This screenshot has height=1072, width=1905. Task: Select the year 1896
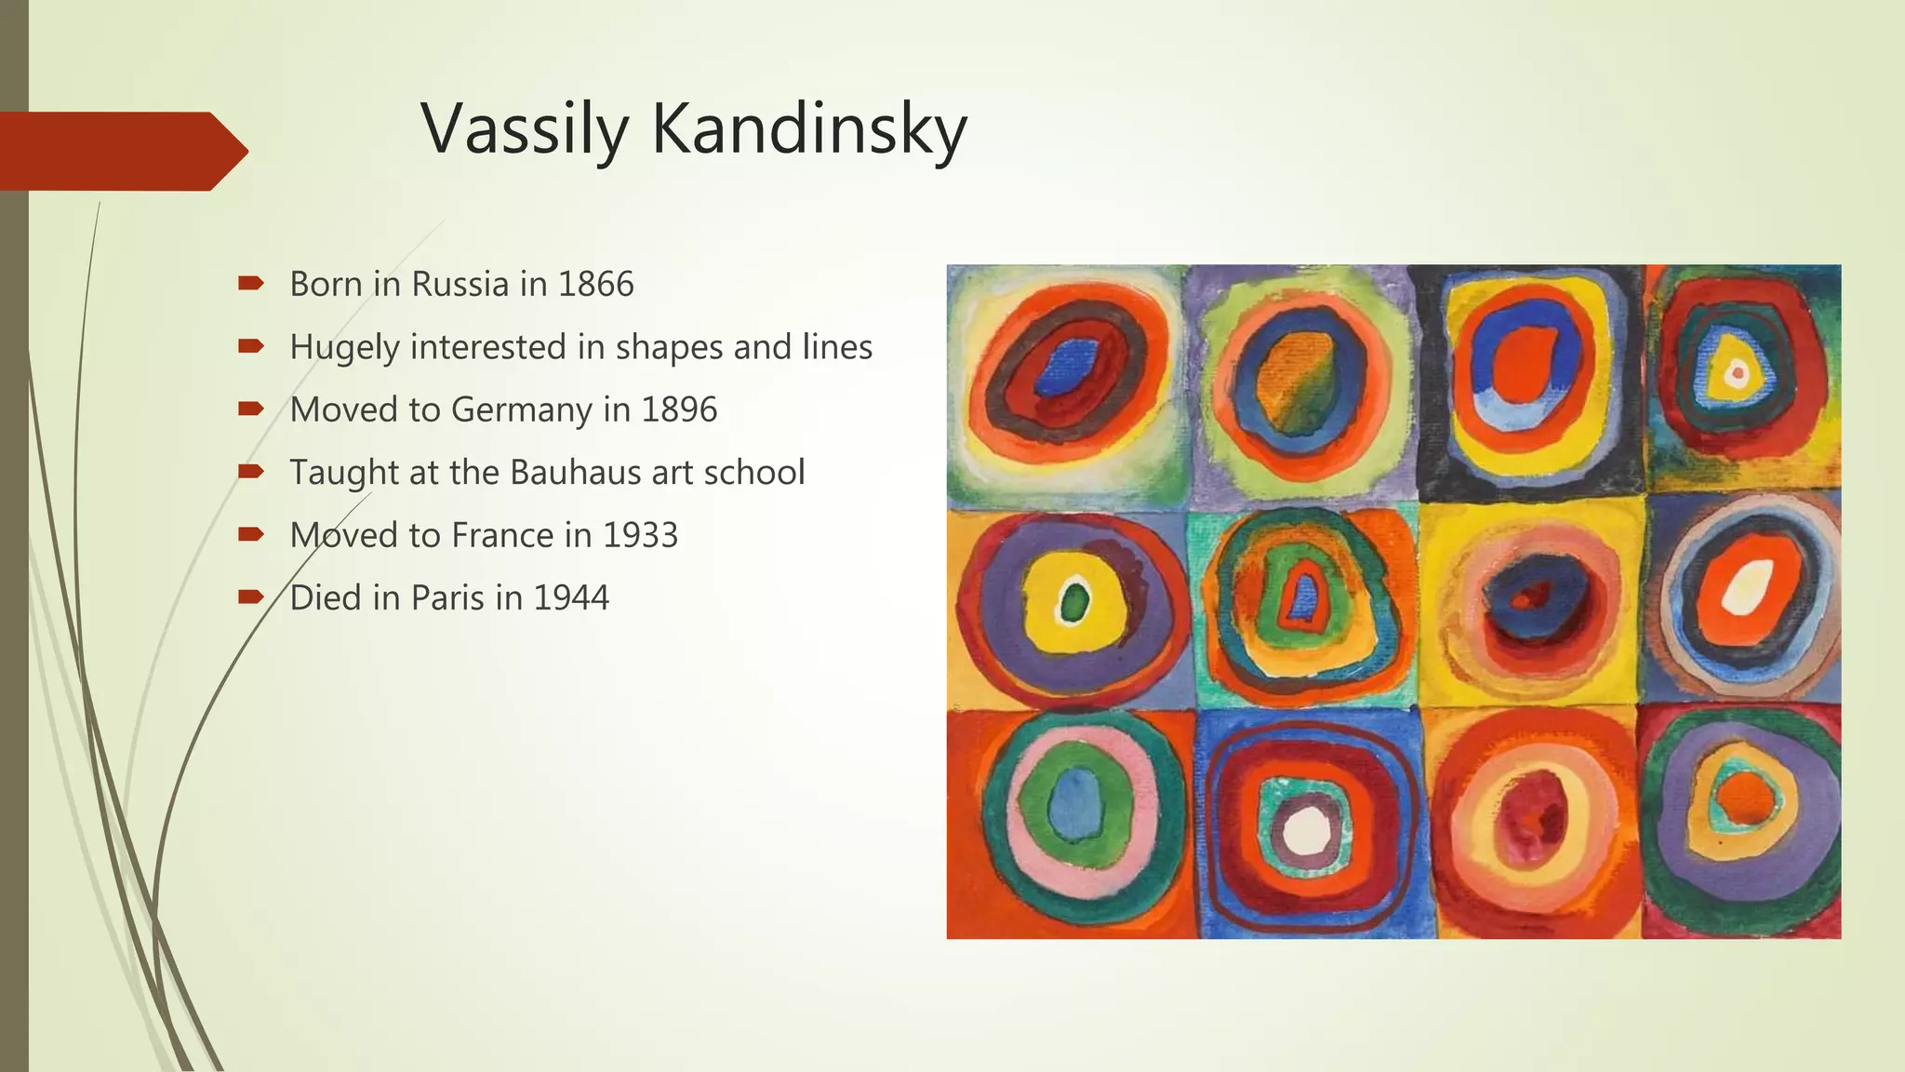click(679, 410)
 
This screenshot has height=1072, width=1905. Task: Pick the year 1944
click(571, 598)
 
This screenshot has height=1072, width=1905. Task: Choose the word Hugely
click(344, 348)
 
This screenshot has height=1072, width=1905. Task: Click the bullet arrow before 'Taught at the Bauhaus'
click(251, 472)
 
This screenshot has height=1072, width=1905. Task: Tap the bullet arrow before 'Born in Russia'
click(251, 283)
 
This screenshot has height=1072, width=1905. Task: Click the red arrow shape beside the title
click(121, 151)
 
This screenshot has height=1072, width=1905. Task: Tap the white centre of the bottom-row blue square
click(1307, 829)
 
